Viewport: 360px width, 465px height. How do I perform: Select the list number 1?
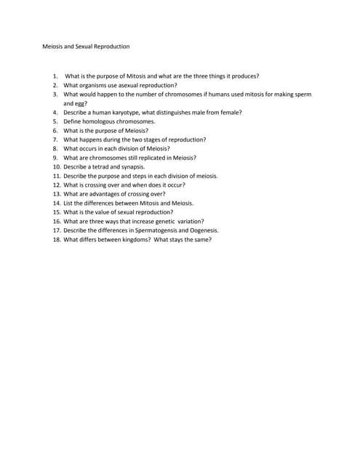(x=55, y=76)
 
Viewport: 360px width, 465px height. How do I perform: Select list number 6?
(x=55, y=131)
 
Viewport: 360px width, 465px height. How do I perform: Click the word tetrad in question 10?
(x=102, y=167)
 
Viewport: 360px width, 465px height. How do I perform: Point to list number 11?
(x=55, y=176)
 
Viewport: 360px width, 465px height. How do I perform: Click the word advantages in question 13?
(x=108, y=194)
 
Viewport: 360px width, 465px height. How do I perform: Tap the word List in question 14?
(x=68, y=203)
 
